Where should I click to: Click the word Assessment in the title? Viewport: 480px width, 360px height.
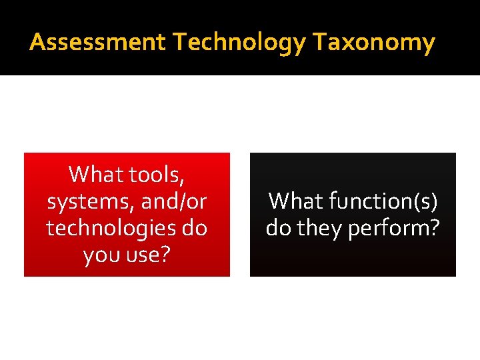97,43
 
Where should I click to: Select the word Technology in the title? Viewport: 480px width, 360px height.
239,43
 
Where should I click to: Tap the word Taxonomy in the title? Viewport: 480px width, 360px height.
374,43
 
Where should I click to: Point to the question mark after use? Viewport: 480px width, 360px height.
164,254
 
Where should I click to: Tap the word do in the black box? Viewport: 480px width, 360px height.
279,228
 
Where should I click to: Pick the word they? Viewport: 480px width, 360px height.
319,228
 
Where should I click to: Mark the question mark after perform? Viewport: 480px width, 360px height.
434,227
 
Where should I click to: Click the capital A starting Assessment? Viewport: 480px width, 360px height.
37,43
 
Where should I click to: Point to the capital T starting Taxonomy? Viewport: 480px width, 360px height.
319,43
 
